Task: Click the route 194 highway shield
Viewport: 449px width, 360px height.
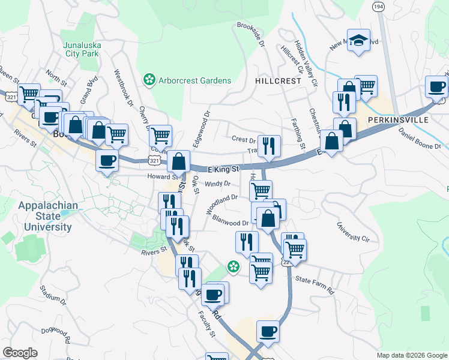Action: click(x=378, y=6)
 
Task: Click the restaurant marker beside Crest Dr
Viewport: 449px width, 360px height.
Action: click(x=269, y=146)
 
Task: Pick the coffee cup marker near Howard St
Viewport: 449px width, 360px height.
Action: click(x=107, y=161)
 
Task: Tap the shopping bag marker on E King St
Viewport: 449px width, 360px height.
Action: click(x=179, y=161)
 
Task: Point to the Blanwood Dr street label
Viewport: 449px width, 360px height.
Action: click(x=229, y=223)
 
